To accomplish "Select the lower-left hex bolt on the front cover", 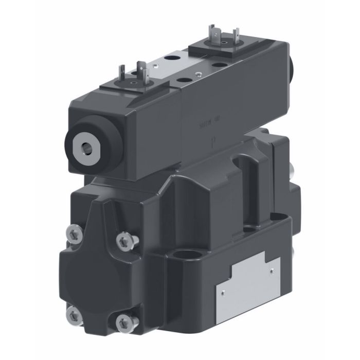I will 75,314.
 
